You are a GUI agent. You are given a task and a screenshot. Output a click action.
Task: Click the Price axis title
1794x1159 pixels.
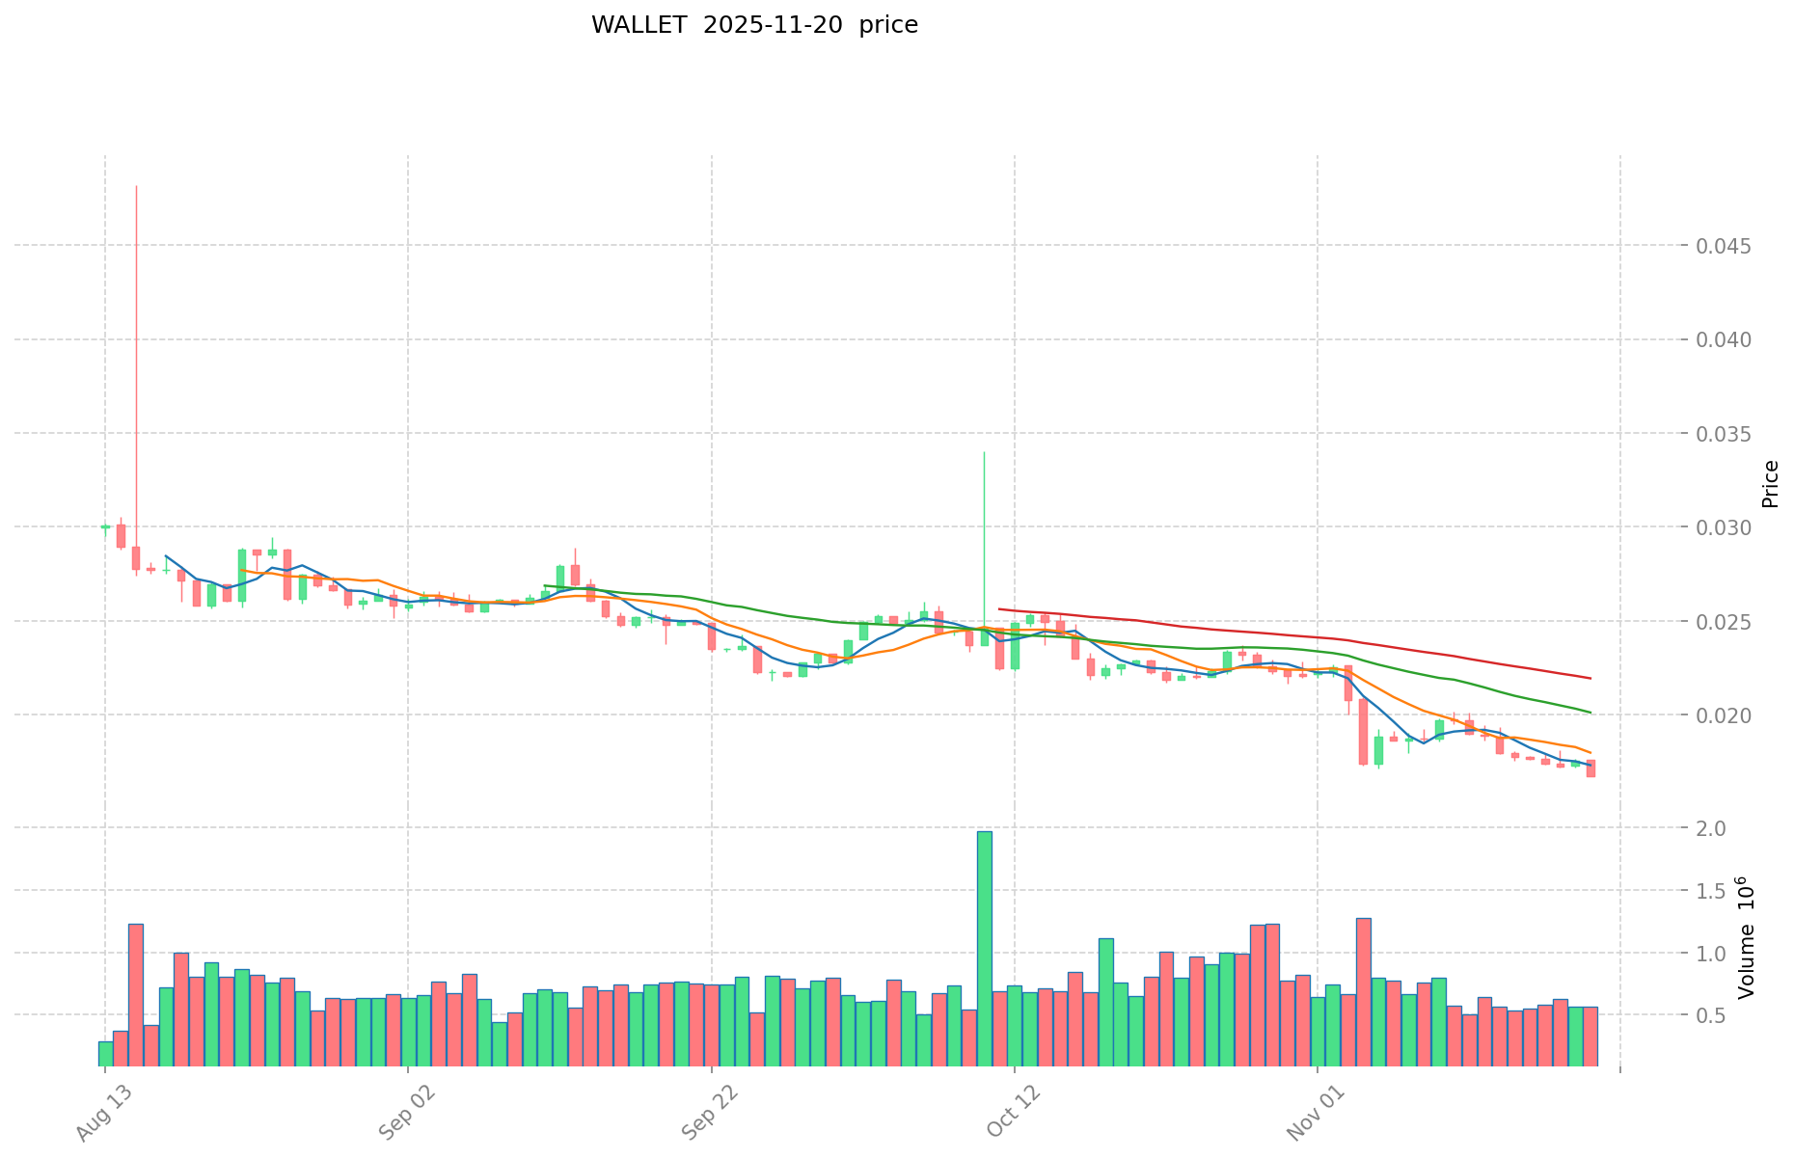click(1770, 484)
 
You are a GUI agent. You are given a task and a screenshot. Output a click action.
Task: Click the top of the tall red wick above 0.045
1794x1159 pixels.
click(136, 187)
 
